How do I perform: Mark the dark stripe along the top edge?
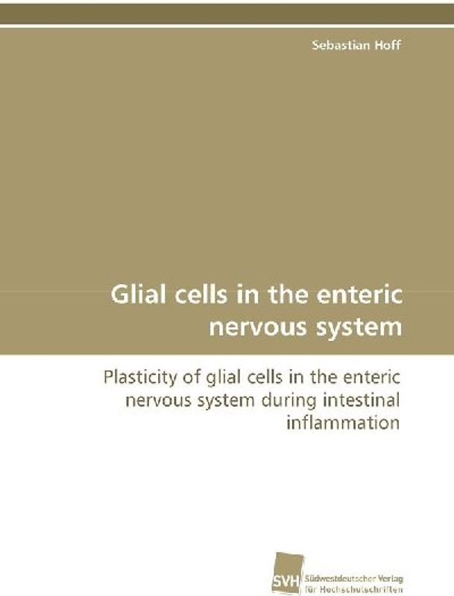[227, 12]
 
